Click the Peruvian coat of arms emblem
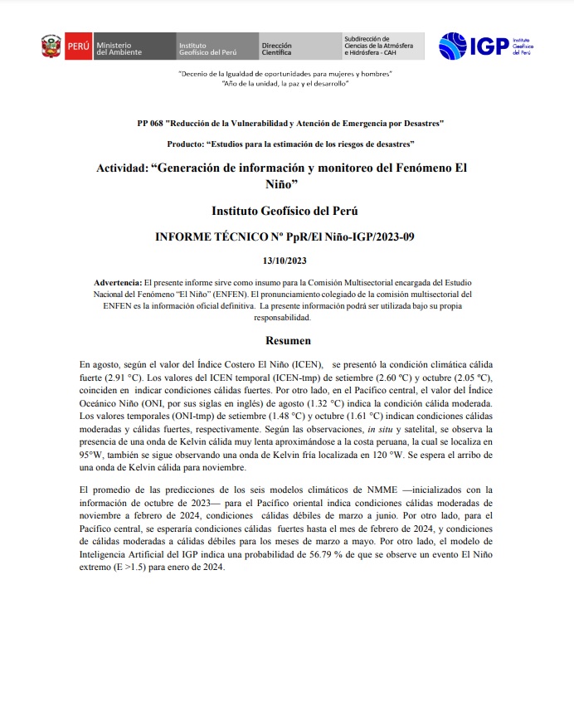pyautogui.click(x=51, y=46)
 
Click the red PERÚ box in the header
pyautogui.click(x=78, y=47)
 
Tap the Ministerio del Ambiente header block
pyautogui.click(x=121, y=47)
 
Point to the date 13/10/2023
pyautogui.click(x=285, y=261)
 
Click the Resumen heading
pyautogui.click(x=288, y=340)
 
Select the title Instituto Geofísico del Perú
pyautogui.click(x=285, y=211)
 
